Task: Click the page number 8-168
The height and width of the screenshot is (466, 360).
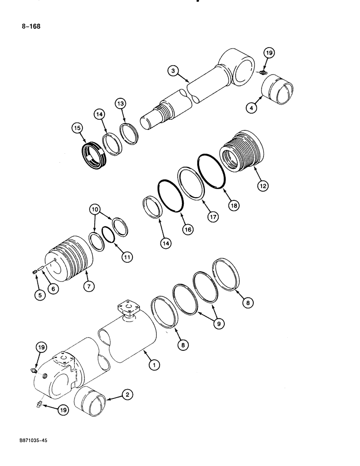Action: click(30, 27)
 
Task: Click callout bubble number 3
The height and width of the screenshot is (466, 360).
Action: click(173, 71)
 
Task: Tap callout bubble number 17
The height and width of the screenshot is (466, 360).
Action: click(214, 216)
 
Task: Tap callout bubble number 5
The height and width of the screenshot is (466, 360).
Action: click(41, 295)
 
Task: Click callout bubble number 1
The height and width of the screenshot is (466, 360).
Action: click(152, 366)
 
